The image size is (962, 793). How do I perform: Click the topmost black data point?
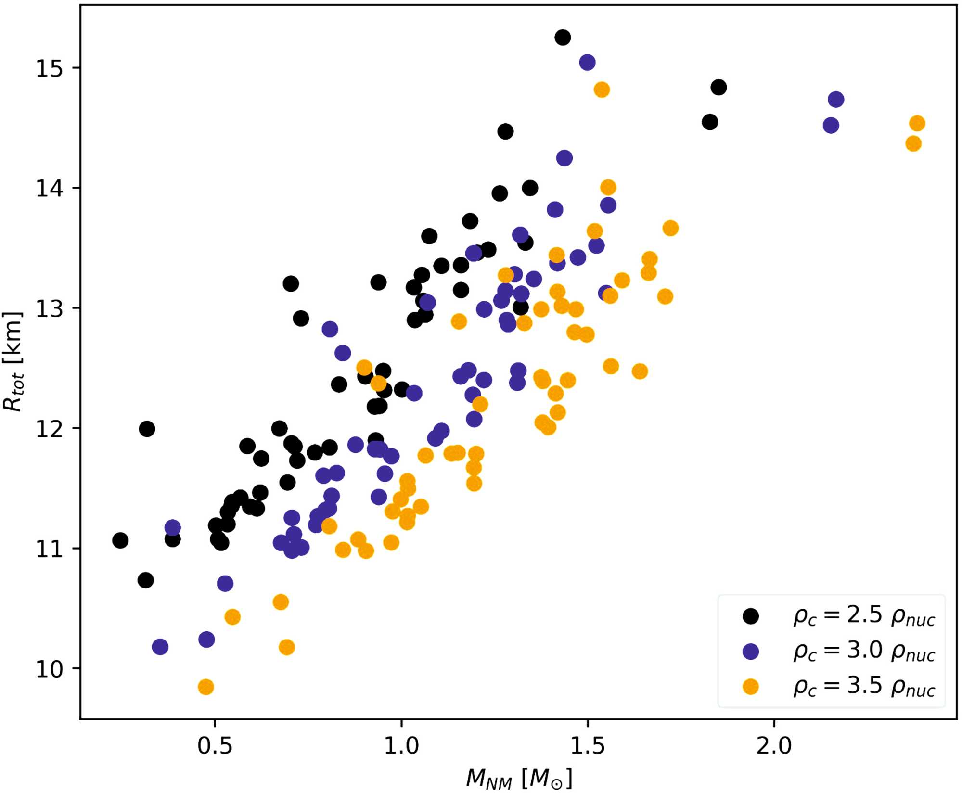point(562,37)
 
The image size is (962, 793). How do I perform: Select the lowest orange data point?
point(205,687)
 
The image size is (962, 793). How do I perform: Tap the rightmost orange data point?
point(917,123)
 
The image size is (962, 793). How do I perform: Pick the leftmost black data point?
point(120,540)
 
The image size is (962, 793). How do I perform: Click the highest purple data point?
point(587,62)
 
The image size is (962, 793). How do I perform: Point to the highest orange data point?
point(602,90)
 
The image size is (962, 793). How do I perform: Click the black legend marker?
point(751,616)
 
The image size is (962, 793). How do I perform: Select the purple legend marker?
point(751,652)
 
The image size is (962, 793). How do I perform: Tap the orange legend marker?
point(751,687)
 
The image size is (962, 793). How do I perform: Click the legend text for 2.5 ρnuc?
point(864,616)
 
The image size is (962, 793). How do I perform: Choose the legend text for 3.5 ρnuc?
point(864,687)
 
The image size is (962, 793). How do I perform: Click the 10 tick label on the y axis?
point(49,669)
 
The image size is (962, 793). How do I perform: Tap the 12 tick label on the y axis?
point(49,428)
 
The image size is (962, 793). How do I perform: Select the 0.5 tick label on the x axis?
point(215,745)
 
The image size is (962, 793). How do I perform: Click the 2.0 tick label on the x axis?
point(774,745)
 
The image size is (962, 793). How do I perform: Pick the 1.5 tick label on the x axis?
point(588,745)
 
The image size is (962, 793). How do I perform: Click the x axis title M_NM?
point(519,778)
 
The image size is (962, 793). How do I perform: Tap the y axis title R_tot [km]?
point(13,361)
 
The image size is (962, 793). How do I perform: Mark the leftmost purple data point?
point(160,647)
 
